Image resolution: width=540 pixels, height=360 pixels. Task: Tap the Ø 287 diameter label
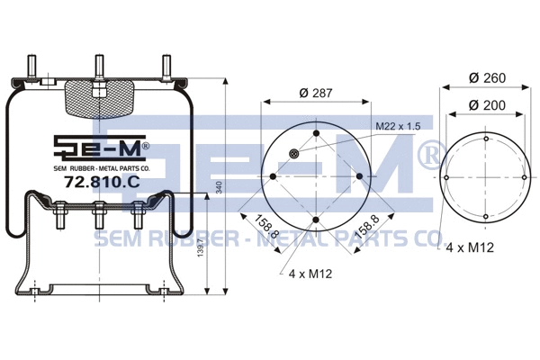pos(315,93)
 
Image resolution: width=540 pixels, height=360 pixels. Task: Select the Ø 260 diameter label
pos(486,78)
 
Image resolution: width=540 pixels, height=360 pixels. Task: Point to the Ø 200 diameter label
pos(486,106)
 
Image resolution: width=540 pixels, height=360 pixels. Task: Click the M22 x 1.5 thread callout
pos(396,127)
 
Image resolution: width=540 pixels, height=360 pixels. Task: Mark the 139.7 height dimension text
pos(202,262)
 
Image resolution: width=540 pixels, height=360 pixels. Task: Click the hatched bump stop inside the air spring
pos(97,98)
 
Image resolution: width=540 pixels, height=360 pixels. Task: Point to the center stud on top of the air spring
pos(97,67)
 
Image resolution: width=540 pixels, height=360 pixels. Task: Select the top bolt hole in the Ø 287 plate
pos(316,134)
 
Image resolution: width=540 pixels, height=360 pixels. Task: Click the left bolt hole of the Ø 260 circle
pos(446,177)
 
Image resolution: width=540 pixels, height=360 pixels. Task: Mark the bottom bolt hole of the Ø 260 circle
pos(486,217)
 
